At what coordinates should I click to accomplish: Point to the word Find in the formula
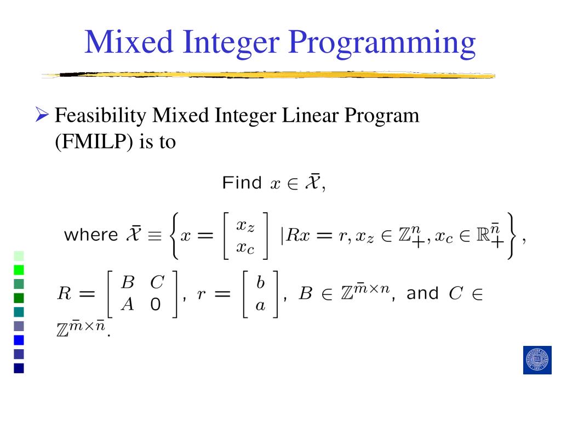pos(242,183)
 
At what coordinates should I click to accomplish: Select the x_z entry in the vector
pos(245,225)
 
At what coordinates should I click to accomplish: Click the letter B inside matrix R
pos(128,283)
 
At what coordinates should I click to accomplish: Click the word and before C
pos(423,293)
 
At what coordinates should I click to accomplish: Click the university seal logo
pos(537,360)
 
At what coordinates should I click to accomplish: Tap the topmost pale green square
pos(19,255)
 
